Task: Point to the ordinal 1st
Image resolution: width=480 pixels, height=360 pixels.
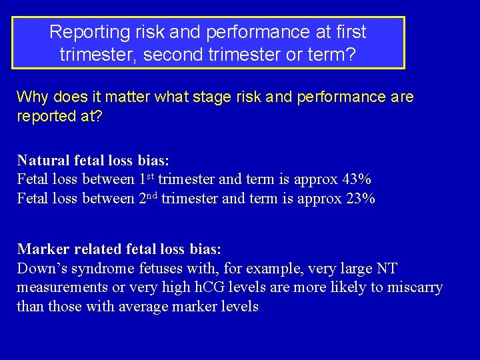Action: pos(147,179)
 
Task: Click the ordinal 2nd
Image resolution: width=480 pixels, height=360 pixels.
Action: pos(148,198)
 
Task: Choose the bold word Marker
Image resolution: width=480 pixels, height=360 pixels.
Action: pos(42,249)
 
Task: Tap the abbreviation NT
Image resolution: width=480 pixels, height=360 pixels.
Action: pos(386,269)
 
